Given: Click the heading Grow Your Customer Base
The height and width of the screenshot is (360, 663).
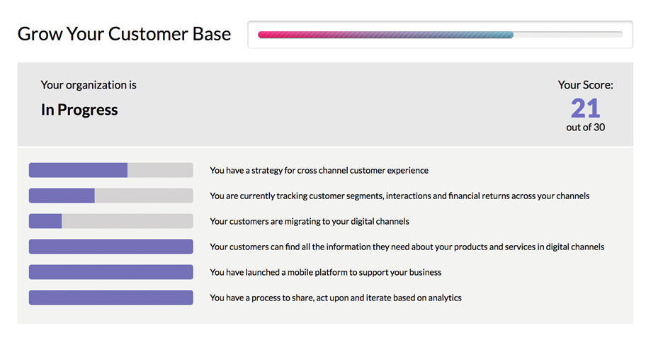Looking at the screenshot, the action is [x=124, y=34].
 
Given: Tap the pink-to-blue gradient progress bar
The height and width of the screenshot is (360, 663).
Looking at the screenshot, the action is [x=385, y=35].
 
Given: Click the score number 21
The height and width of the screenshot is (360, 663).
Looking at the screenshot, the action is [x=585, y=108].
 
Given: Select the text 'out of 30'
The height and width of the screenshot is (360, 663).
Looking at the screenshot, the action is [x=585, y=128].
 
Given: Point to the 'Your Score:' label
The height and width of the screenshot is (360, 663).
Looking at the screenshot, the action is [x=585, y=85].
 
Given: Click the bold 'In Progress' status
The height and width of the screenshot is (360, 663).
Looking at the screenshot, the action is [x=79, y=110].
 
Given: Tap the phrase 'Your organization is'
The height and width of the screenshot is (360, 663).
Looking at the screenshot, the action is [x=89, y=85].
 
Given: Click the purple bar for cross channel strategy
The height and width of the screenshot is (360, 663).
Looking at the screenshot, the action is [x=78, y=170].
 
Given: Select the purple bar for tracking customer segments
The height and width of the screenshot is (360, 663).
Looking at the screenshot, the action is [x=62, y=196].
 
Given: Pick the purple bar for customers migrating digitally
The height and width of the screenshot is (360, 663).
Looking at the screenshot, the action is [x=45, y=221].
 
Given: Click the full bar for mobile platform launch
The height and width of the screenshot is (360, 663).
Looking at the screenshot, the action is [x=110, y=272].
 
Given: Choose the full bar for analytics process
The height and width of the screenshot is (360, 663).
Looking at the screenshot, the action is [x=110, y=298].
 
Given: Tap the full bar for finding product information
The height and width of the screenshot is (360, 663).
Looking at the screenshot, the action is [x=110, y=247].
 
